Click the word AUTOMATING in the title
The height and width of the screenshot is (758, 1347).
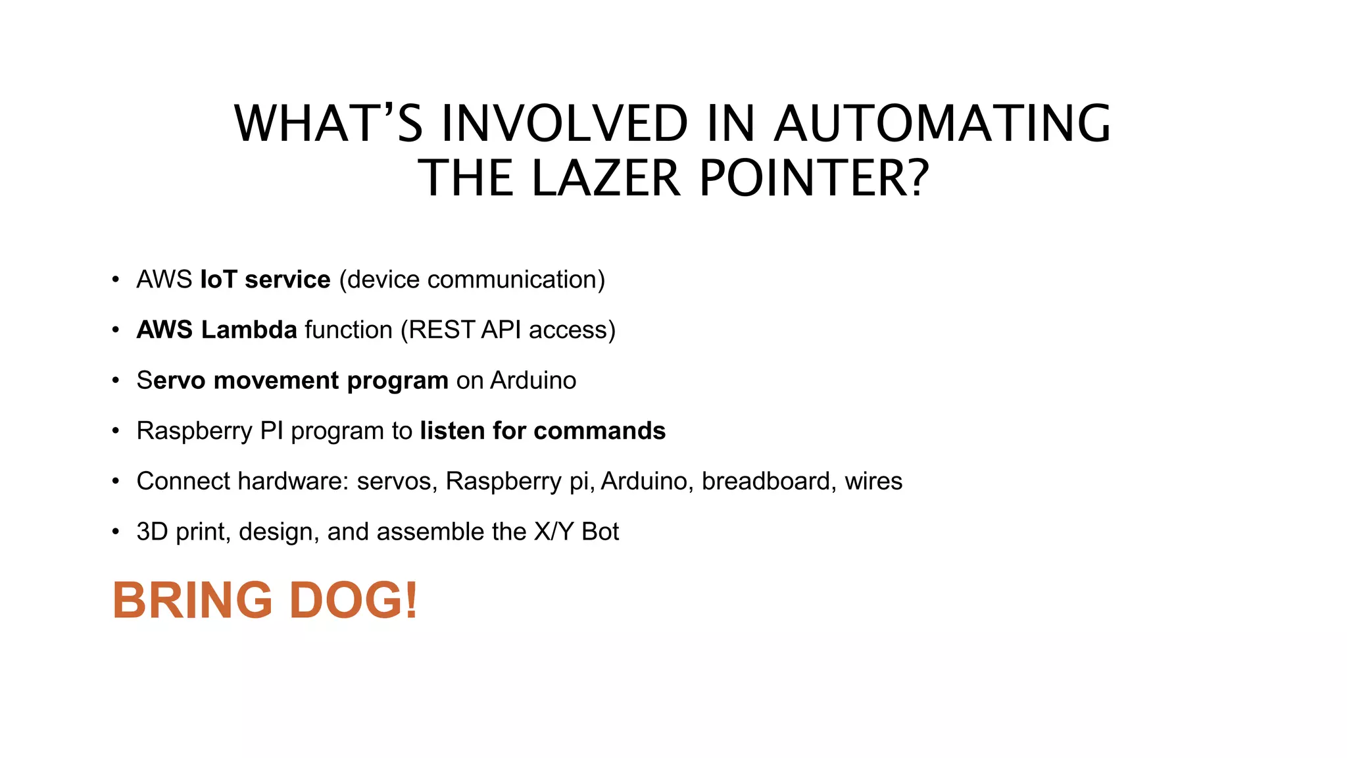tap(942, 124)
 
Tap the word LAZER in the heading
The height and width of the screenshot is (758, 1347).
tap(605, 179)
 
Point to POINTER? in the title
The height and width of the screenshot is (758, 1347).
tap(814, 179)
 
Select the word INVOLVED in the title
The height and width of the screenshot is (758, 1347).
tap(564, 124)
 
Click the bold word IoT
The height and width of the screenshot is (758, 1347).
tap(218, 280)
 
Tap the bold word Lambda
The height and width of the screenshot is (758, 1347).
tap(249, 330)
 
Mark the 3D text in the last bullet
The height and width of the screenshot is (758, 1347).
tap(153, 532)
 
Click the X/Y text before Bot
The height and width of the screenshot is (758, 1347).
tap(554, 532)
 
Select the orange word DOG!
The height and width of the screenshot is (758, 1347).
tap(353, 600)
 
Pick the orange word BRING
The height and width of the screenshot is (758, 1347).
tap(192, 600)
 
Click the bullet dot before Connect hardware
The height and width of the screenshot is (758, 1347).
tap(116, 482)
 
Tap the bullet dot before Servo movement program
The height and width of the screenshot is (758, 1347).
tap(116, 381)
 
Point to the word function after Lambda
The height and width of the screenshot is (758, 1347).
tap(349, 330)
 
